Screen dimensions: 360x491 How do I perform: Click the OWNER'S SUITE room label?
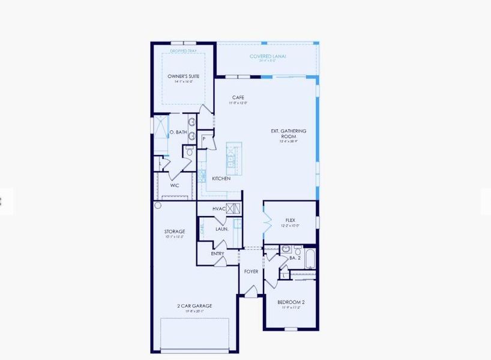[x=183, y=76]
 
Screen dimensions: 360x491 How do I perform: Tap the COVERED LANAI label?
[x=268, y=56]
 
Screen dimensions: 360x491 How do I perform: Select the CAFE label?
[x=238, y=97]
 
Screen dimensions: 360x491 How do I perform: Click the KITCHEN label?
[x=221, y=179]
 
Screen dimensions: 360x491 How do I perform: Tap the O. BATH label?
[x=178, y=132]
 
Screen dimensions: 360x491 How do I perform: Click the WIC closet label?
[x=175, y=185]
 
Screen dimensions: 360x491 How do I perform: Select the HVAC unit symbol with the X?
[x=234, y=209]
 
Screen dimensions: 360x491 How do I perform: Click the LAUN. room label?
[x=222, y=229]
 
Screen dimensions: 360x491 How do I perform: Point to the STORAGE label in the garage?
[x=175, y=232]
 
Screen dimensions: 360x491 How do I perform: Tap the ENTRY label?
[x=217, y=254]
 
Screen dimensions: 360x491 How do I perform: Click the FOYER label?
[x=251, y=272]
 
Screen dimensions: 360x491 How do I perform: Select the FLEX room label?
[x=290, y=220]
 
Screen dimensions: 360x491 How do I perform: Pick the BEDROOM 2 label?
[x=291, y=302]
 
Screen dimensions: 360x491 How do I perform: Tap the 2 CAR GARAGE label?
[x=194, y=306]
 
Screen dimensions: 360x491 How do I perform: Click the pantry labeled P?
[x=205, y=139]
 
